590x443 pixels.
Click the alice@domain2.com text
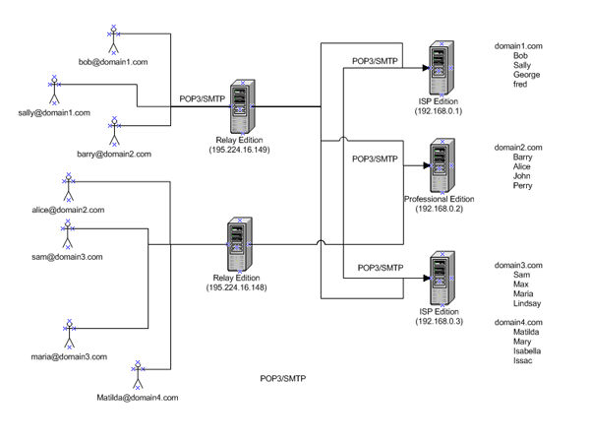[68, 210]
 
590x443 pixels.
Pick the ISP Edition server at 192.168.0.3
[434, 278]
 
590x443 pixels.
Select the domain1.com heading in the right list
[518, 46]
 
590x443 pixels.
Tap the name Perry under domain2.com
[523, 185]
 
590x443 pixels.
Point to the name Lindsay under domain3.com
[528, 303]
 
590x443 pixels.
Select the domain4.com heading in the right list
[518, 323]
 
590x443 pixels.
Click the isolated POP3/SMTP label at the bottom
[281, 378]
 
